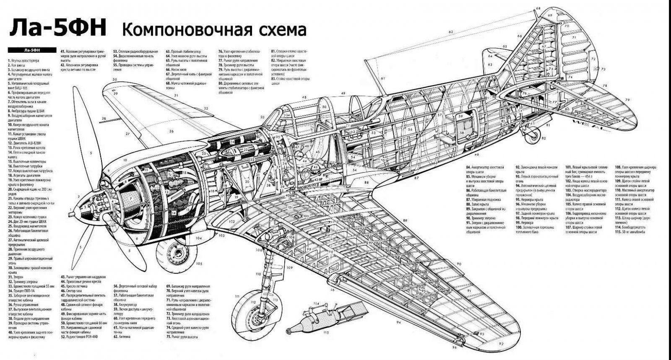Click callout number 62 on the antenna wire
click(451, 32)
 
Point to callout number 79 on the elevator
click(627, 99)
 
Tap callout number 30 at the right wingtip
click(114, 79)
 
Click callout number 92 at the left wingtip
click(502, 344)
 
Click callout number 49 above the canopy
click(343, 93)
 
